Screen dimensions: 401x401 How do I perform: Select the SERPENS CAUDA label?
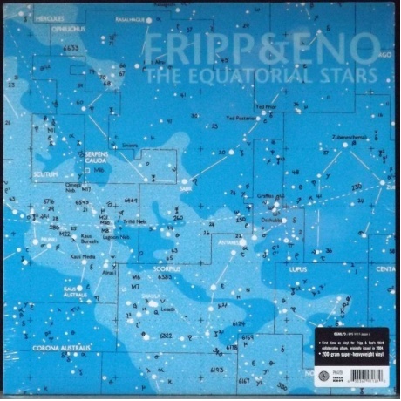click(x=102, y=156)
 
